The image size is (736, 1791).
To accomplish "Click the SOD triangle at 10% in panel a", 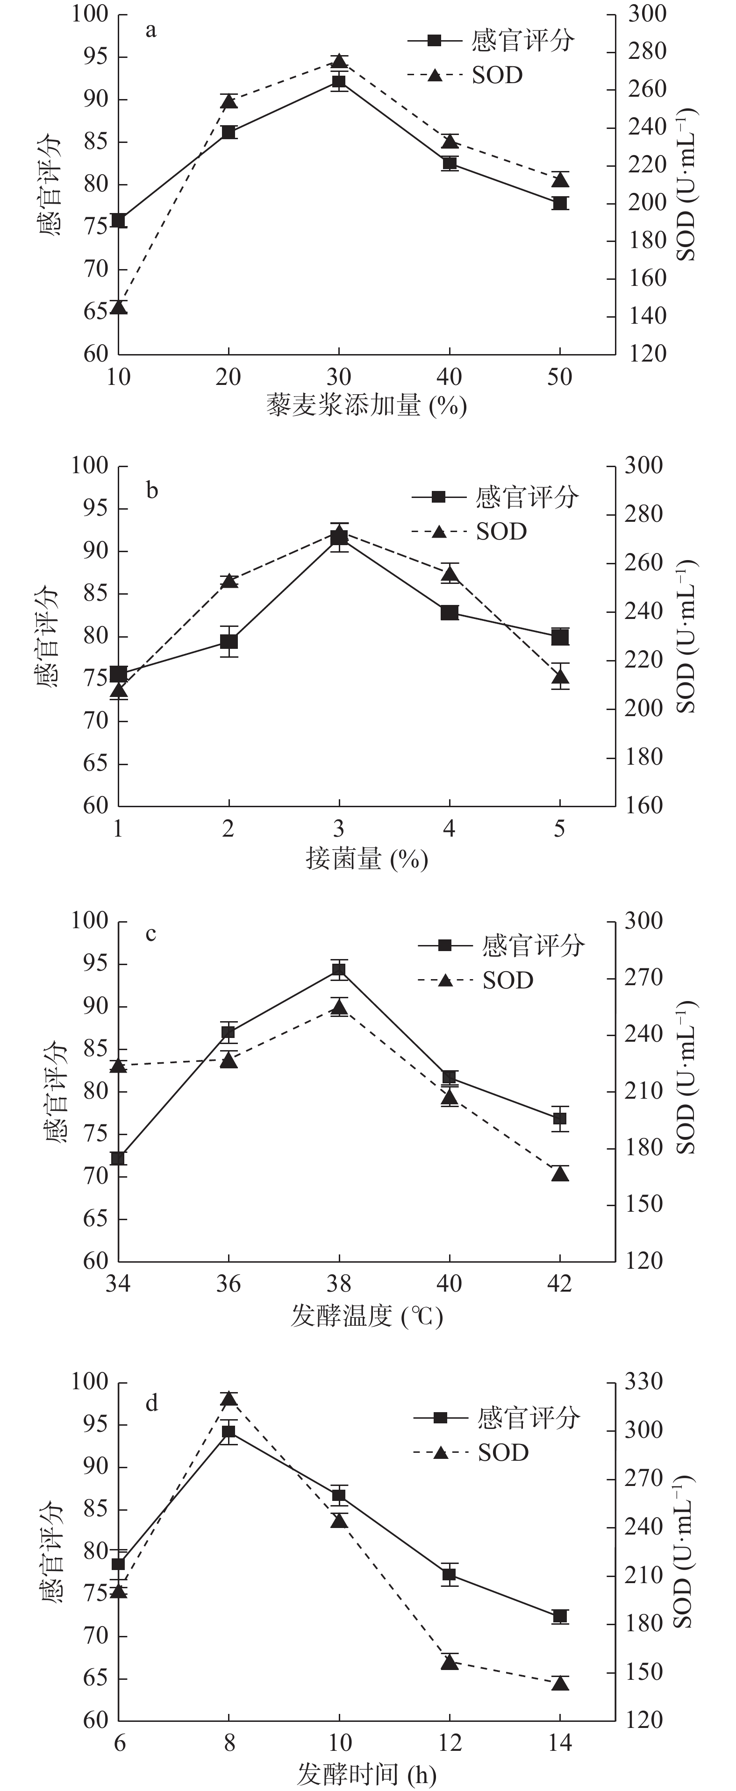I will tap(119, 306).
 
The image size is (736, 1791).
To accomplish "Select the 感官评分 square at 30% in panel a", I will tap(339, 83).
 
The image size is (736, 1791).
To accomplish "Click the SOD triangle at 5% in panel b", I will tap(560, 676).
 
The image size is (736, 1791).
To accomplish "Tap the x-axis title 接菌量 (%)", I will tap(367, 860).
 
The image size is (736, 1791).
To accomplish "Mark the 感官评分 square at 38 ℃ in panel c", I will tap(339, 971).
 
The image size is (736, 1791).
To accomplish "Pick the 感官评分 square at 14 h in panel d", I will tap(560, 1616).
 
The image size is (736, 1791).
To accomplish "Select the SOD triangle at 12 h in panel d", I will tap(450, 1662).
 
